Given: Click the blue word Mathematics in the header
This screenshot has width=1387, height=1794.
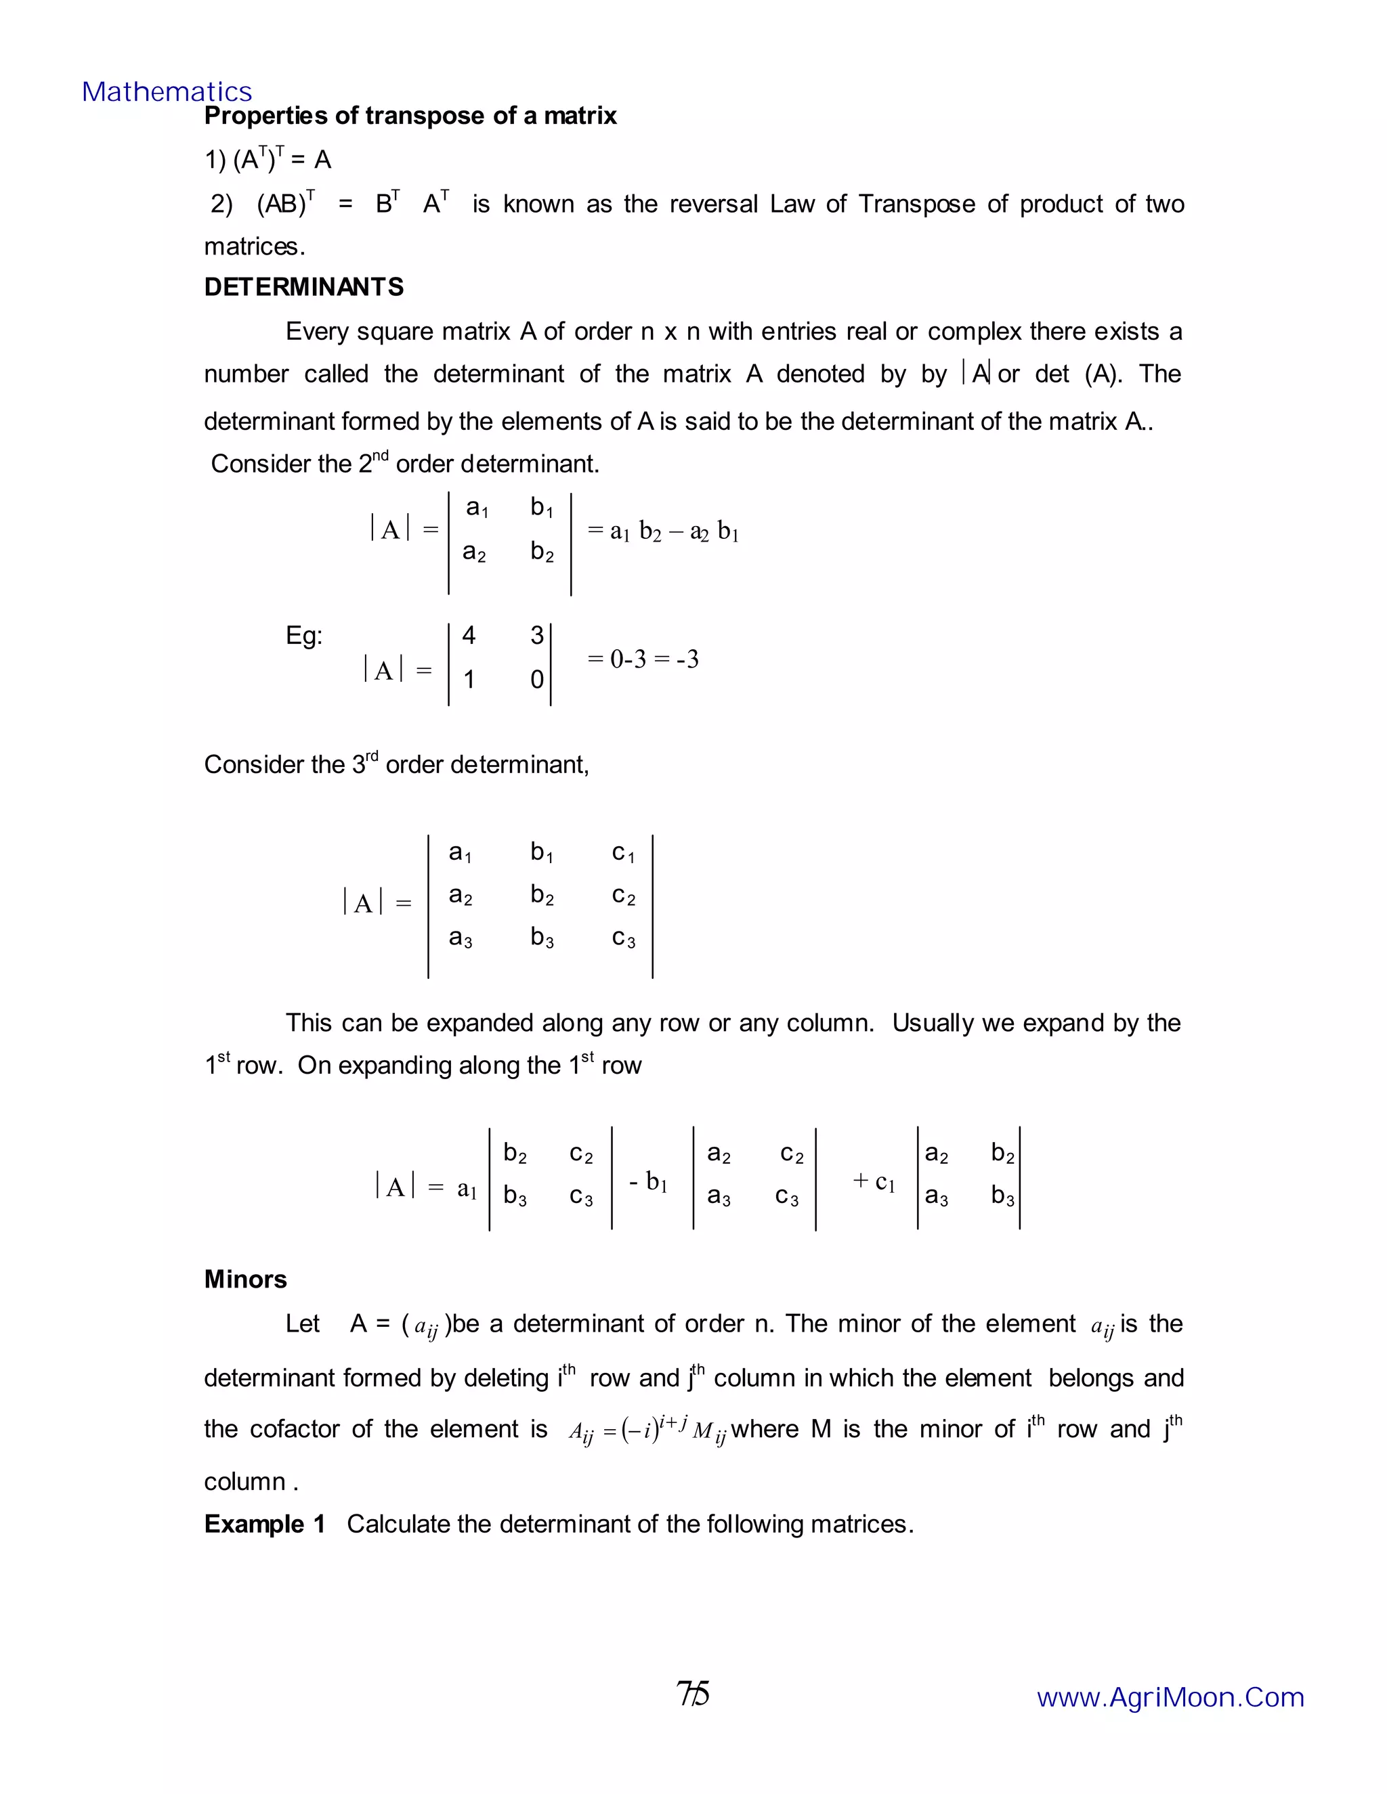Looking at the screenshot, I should click(167, 92).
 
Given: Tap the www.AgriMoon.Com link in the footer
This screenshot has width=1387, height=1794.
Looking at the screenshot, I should click(1170, 1697).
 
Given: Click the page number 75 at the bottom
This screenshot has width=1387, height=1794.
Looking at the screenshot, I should click(693, 1694).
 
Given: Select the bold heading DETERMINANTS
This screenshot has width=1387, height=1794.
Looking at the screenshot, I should click(304, 288).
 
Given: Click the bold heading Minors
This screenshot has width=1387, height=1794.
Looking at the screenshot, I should click(246, 1279).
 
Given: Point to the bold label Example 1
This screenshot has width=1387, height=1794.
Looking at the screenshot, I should click(265, 1524).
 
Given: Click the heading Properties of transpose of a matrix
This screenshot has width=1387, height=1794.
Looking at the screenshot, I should click(410, 116).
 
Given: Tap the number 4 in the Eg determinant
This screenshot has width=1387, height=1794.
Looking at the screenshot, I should click(469, 635).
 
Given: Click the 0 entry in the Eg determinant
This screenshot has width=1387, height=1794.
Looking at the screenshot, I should click(536, 679).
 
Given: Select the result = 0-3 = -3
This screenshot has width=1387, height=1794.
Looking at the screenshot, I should click(643, 659).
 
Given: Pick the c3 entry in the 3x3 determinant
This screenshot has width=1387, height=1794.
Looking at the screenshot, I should click(624, 938).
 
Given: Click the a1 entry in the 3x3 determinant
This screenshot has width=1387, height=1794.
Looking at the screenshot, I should click(460, 852).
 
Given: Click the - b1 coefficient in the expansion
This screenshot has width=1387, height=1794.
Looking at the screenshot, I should click(648, 1182).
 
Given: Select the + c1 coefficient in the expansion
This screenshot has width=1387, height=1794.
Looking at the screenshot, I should click(874, 1182).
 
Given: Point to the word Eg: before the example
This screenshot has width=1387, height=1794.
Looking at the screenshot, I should click(304, 636).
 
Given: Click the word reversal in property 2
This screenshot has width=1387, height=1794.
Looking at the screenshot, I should click(713, 204).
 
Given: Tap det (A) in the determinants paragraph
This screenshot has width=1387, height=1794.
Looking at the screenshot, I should click(1079, 374).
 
